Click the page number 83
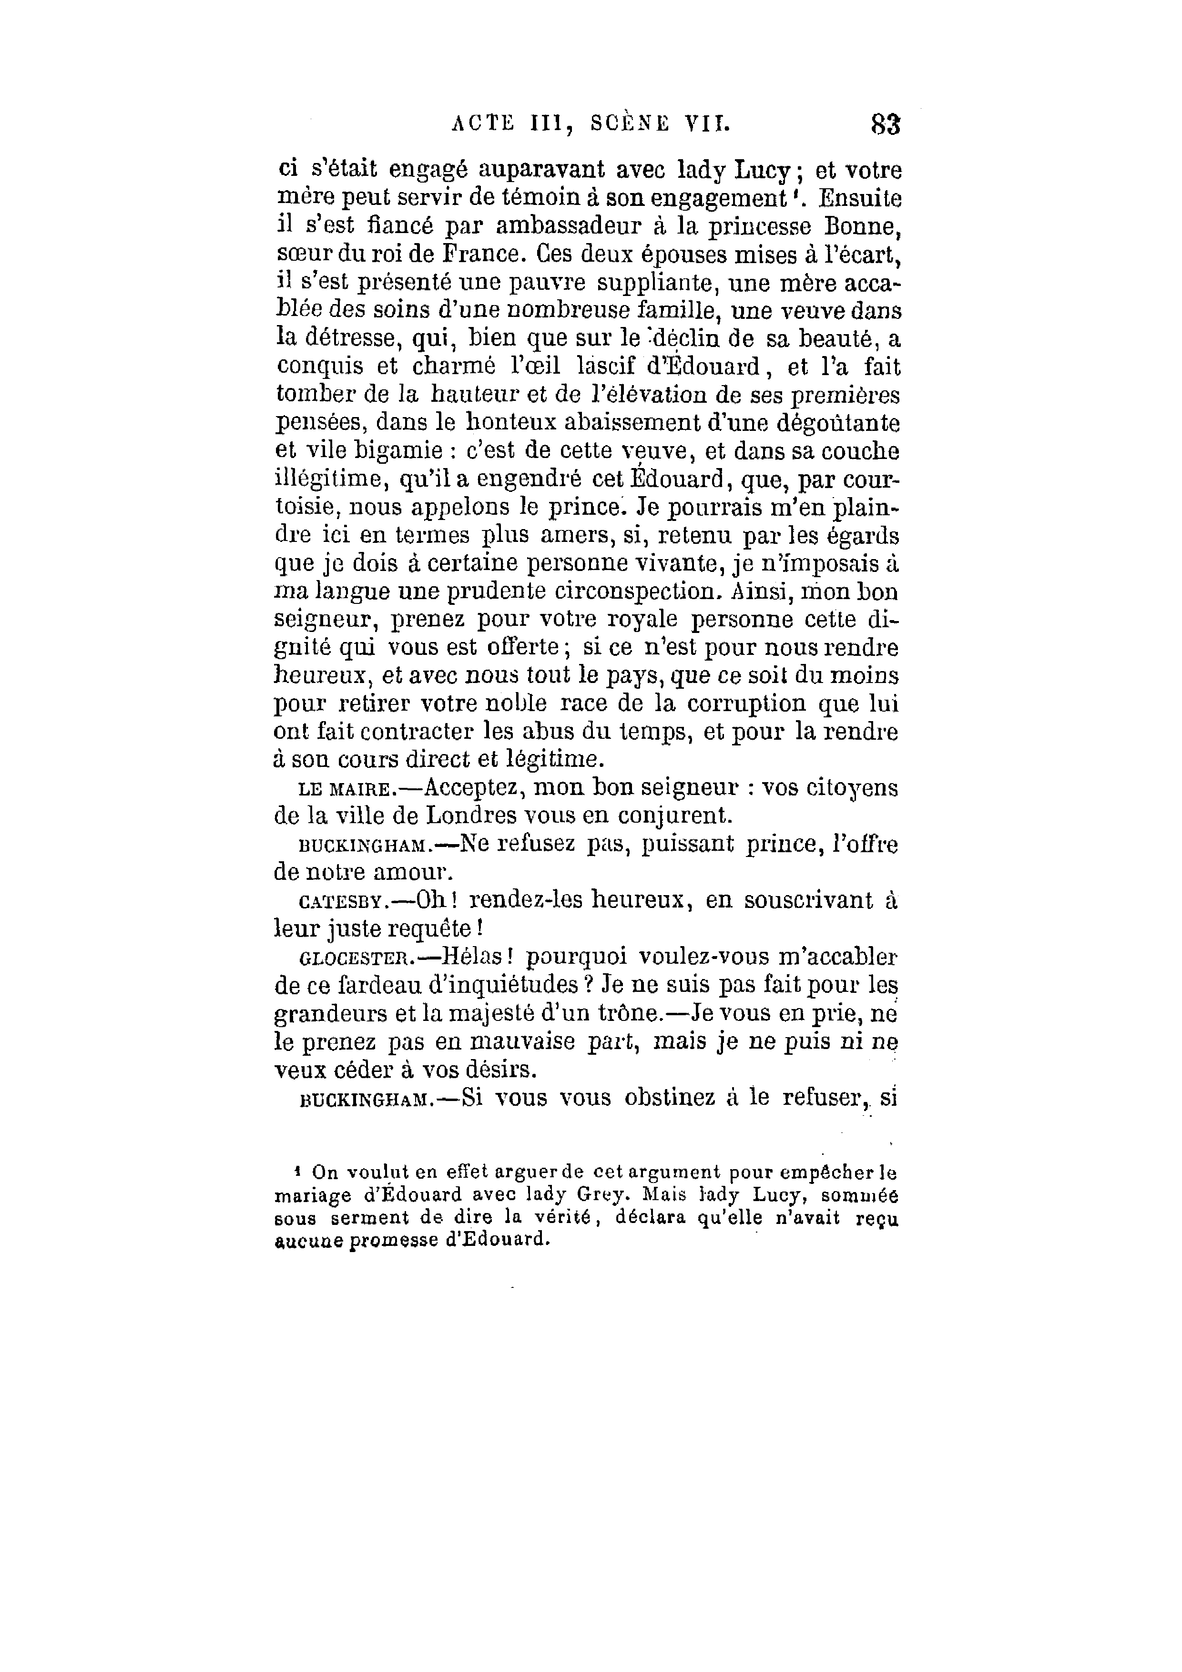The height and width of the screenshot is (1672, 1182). (x=885, y=124)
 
